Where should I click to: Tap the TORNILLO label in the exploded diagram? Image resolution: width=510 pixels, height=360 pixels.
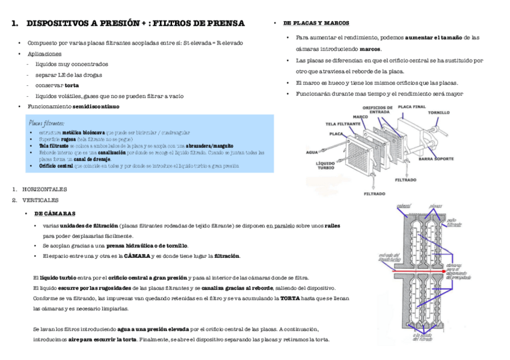(x=438, y=112)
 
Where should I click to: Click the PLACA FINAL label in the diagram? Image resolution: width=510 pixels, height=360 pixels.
(x=413, y=106)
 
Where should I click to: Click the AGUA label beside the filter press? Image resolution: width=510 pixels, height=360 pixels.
(x=312, y=151)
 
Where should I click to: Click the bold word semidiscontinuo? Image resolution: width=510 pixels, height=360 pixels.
(x=96, y=106)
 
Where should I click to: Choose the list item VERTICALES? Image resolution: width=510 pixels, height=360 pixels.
(x=40, y=200)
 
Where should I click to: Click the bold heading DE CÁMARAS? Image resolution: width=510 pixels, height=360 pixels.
(x=55, y=213)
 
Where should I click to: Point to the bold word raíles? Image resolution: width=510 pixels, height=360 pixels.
(x=332, y=225)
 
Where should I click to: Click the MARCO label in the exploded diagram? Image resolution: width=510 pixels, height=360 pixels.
(x=360, y=117)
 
